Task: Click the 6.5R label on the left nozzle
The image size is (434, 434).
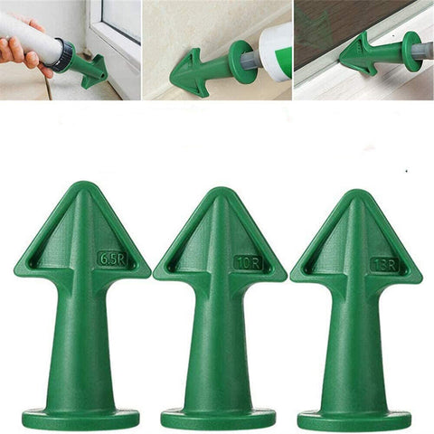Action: pyautogui.click(x=111, y=258)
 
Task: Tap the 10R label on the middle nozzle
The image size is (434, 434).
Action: pyautogui.click(x=248, y=262)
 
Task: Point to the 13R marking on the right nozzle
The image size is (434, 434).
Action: pyautogui.click(x=383, y=264)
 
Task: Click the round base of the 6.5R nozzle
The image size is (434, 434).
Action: pyautogui.click(x=80, y=419)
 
